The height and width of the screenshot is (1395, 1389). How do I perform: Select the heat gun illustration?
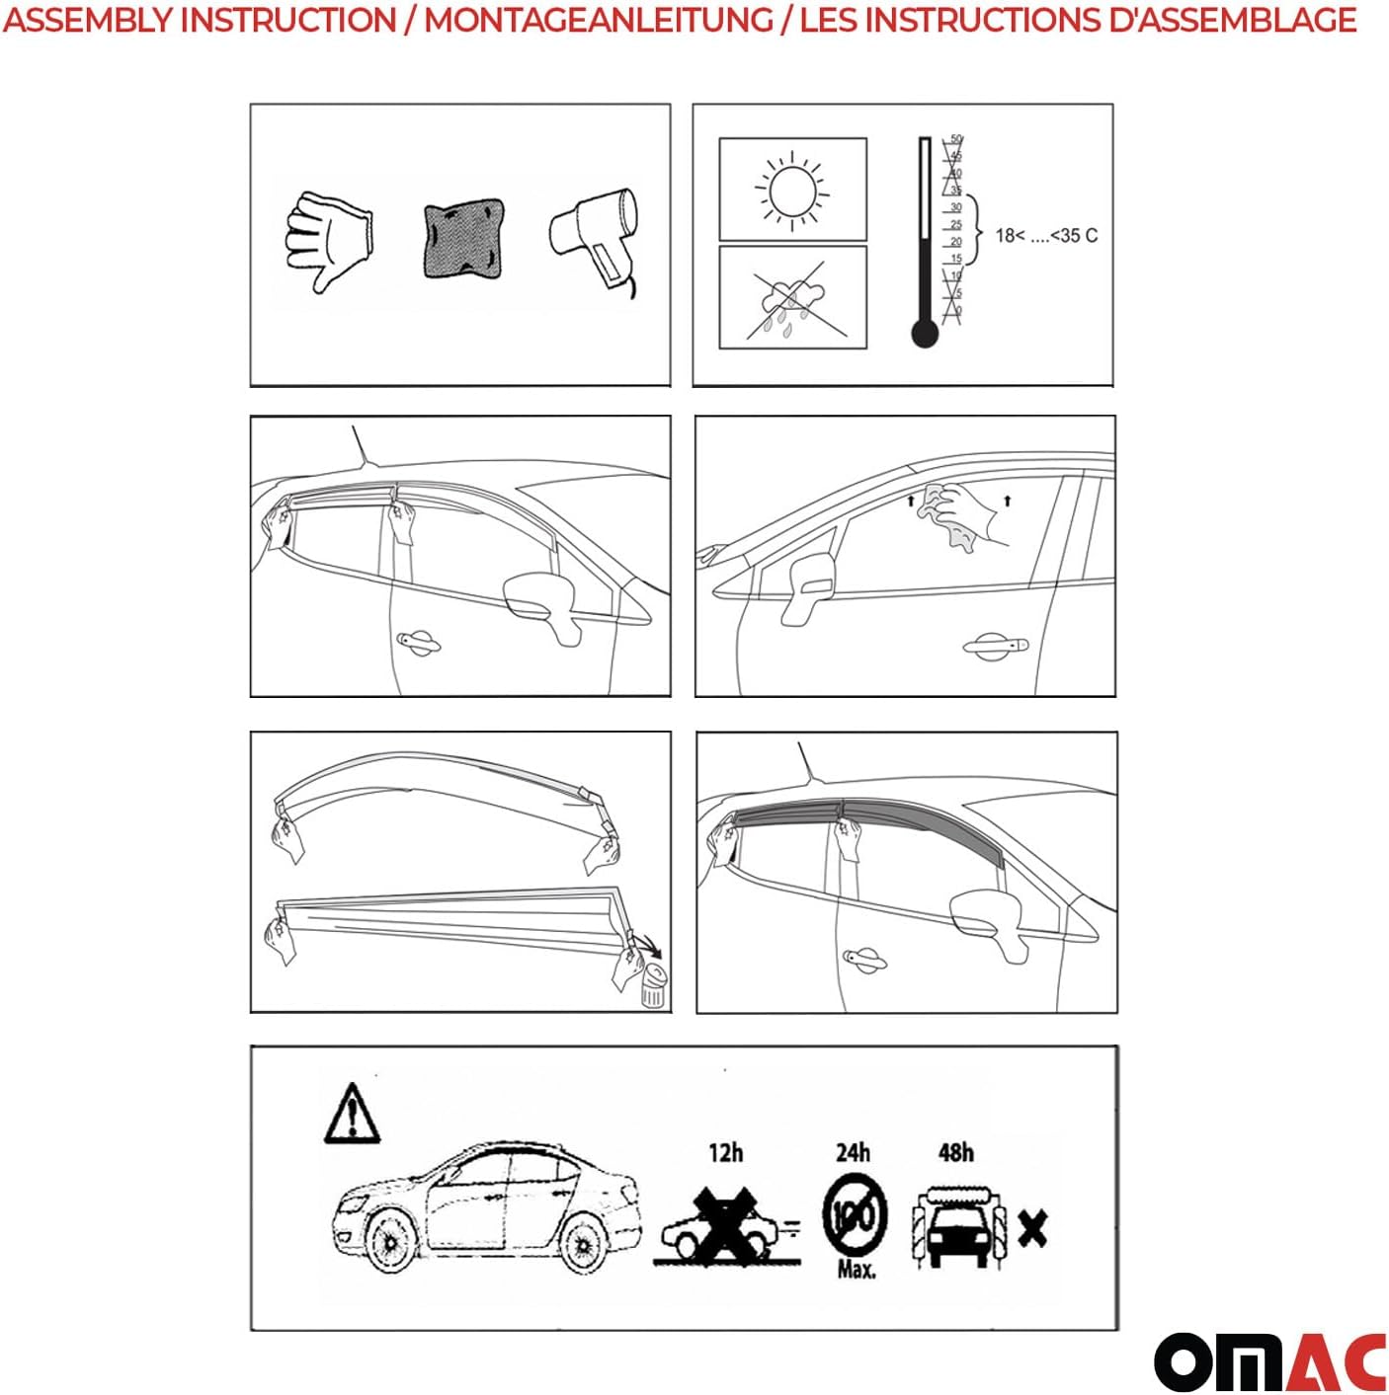click(595, 237)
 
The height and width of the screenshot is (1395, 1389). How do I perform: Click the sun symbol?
click(792, 190)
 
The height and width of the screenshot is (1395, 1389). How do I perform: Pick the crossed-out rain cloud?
click(792, 297)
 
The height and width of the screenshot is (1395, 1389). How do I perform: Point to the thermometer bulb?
click(925, 334)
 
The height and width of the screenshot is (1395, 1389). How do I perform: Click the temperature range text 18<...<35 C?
click(1045, 236)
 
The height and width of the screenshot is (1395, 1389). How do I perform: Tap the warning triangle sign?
click(352, 1115)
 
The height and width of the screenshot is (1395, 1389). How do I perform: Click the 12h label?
click(725, 1153)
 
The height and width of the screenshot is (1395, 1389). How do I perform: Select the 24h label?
click(853, 1153)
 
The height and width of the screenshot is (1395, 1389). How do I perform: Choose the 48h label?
click(955, 1153)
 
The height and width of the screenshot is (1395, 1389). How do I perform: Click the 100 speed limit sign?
click(854, 1214)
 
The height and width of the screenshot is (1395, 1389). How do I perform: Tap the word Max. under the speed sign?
click(857, 1270)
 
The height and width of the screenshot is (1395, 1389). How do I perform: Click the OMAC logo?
click(1269, 1362)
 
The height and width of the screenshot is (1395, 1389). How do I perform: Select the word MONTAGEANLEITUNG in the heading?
click(599, 20)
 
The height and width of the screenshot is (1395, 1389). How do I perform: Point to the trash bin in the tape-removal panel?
click(653, 987)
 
